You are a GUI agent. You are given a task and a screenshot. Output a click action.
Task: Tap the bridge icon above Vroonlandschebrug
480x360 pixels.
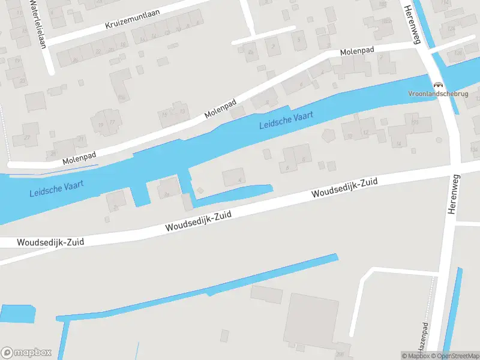pos(438,85)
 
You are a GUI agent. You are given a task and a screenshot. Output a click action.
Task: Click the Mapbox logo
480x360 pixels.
pos(26,352)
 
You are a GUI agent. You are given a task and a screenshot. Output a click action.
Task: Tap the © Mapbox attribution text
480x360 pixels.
pos(415,356)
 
